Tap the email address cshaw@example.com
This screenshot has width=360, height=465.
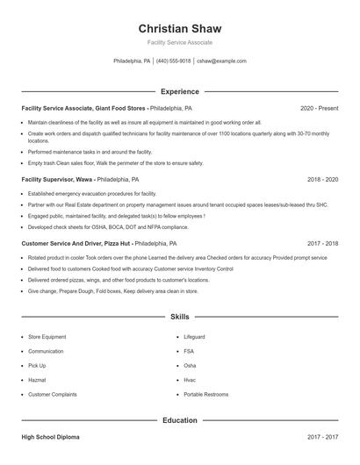(x=221, y=61)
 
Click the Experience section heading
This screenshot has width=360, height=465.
(x=179, y=91)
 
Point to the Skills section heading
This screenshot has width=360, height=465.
(x=179, y=316)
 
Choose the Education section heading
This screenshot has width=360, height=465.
(x=179, y=420)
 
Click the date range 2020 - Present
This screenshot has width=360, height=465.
(x=319, y=108)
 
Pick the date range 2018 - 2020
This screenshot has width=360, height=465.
(x=322, y=179)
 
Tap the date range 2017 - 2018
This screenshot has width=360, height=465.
(x=322, y=244)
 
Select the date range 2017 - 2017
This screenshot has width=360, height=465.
(x=322, y=436)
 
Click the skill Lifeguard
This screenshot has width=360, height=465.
(x=194, y=336)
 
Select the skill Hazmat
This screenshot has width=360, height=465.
(x=38, y=380)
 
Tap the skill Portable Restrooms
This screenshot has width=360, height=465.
(x=205, y=395)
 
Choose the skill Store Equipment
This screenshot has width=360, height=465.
(x=47, y=336)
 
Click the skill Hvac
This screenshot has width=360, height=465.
(x=190, y=380)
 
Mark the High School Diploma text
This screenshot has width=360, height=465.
(x=51, y=436)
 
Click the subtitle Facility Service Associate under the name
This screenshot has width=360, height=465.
(x=179, y=42)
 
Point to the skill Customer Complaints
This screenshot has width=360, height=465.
(x=52, y=395)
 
